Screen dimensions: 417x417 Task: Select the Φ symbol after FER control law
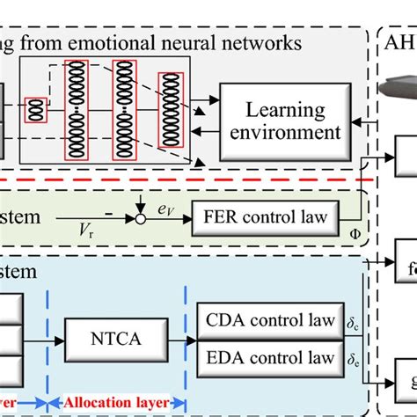355,235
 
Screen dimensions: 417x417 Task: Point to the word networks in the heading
259,41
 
